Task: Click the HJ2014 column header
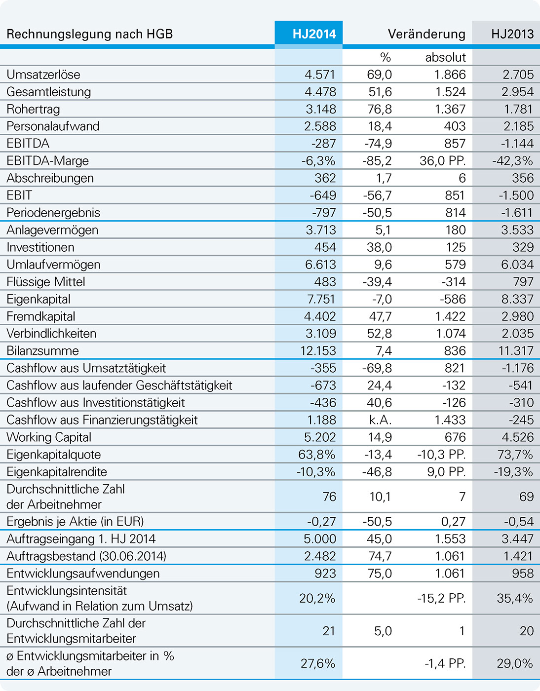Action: pos(314,34)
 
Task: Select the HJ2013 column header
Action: pos(512,34)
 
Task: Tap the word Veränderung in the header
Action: pos(426,34)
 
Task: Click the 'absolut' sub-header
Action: pos(445,57)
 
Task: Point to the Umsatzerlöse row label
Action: pos(43,75)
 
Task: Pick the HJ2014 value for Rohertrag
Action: pos(320,109)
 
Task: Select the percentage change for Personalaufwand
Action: pos(380,126)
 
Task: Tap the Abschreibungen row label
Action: pos(50,178)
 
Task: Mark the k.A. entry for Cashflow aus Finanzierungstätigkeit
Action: pos(379,420)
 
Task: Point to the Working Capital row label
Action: pos(49,437)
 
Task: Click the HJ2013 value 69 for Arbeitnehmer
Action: pos(526,497)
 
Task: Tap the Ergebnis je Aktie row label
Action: pos(75,522)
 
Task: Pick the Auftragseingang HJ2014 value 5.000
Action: pos(319,539)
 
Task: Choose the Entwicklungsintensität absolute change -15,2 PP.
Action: pos(441,599)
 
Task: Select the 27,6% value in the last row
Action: pos(317,663)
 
